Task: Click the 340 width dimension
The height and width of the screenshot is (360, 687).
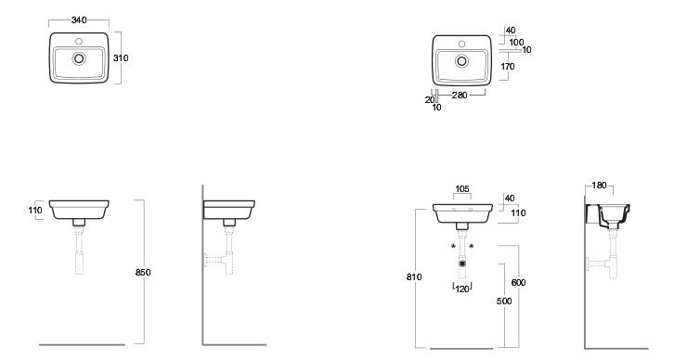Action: pyautogui.click(x=79, y=19)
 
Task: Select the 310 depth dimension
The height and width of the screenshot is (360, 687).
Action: pyautogui.click(x=121, y=58)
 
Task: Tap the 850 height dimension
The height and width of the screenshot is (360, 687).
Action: pyautogui.click(x=143, y=273)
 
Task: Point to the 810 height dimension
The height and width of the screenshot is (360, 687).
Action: pyautogui.click(x=414, y=276)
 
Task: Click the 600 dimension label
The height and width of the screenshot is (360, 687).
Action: pyautogui.click(x=518, y=282)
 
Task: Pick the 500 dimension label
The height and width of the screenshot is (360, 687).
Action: pyautogui.click(x=504, y=301)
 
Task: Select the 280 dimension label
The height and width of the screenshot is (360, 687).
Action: pyautogui.click(x=460, y=95)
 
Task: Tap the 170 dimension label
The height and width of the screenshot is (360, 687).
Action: pyautogui.click(x=508, y=67)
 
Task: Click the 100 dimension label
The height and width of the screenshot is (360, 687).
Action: pyautogui.click(x=516, y=42)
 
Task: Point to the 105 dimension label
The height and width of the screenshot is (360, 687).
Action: pyautogui.click(x=462, y=188)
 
